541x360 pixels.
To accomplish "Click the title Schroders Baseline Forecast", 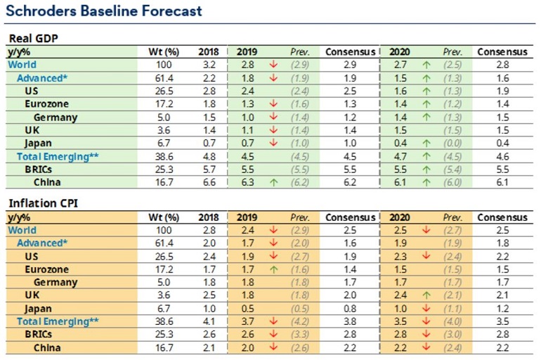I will [x=104, y=11].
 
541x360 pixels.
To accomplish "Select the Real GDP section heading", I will [x=34, y=39].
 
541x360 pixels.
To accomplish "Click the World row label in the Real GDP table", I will [x=22, y=65].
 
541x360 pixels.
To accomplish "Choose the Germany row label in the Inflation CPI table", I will [x=56, y=283].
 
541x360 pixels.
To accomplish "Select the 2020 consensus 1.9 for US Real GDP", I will [x=502, y=91].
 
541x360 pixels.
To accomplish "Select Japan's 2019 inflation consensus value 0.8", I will [x=350, y=309].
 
